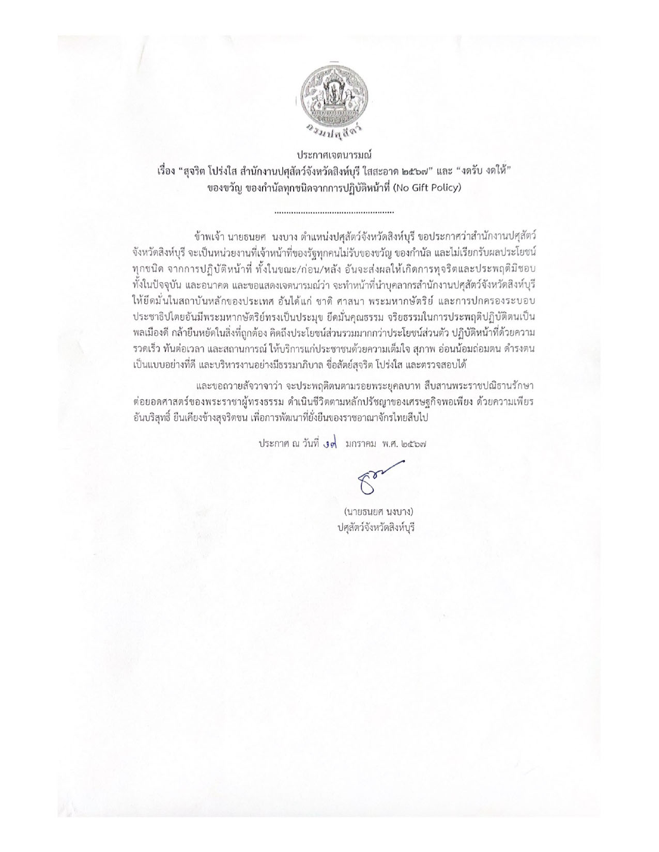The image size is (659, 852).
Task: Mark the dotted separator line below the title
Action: click(x=334, y=212)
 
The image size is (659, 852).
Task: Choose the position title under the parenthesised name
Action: click(x=376, y=528)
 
